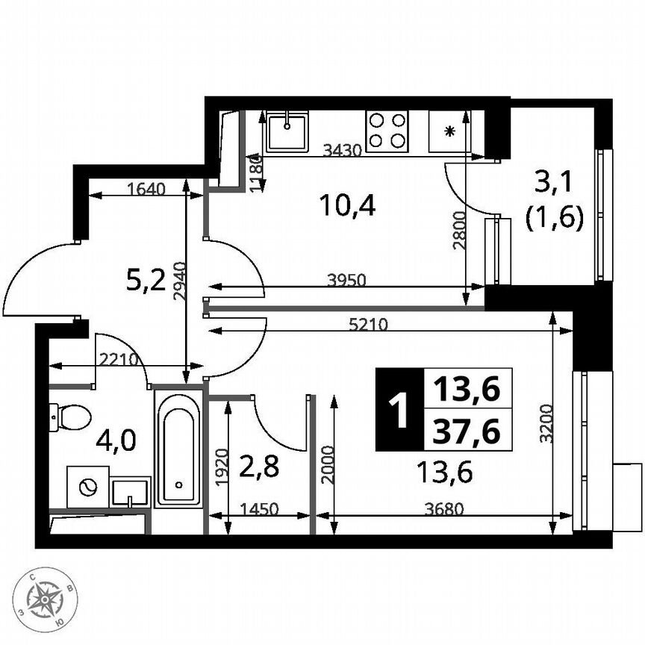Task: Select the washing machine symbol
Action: point(87,487)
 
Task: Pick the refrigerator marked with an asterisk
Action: point(449,131)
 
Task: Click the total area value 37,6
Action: point(467,431)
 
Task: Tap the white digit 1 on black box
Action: point(399,410)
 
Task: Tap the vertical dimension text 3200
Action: point(546,424)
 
